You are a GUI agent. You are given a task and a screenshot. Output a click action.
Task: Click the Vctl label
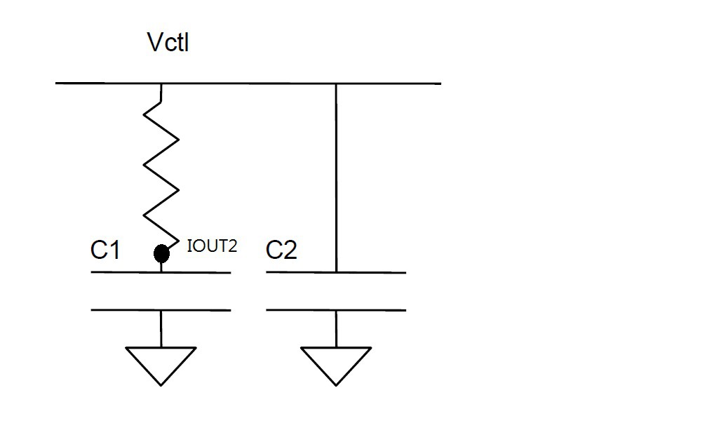[x=168, y=43]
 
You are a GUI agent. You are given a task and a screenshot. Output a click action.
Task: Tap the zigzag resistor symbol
[x=162, y=165]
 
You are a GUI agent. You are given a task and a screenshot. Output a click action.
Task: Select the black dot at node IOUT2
[x=161, y=253]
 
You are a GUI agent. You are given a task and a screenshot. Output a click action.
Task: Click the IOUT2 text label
[x=212, y=246]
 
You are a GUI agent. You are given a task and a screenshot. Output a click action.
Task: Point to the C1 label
[x=105, y=250]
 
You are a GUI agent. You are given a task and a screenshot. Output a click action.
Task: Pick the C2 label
[x=281, y=250]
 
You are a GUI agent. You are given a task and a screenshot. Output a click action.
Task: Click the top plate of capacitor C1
[x=161, y=272]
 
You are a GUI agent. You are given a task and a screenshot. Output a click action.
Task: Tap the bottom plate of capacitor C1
[x=161, y=309]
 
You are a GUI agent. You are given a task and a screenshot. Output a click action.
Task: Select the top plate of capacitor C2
[x=336, y=272]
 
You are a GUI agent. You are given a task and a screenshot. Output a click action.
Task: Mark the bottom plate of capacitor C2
[x=336, y=309]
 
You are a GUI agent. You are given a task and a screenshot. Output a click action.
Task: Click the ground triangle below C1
[x=161, y=363]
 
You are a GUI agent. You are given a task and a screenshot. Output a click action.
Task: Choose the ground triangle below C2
[x=336, y=363]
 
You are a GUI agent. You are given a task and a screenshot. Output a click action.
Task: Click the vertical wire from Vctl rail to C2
[x=336, y=175]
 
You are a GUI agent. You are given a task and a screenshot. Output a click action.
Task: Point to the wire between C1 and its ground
[x=161, y=328]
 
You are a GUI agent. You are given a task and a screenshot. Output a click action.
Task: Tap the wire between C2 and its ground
[x=336, y=328]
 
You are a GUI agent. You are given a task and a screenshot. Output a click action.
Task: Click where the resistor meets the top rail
[x=162, y=83]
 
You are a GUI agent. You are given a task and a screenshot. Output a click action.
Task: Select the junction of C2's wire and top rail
[x=336, y=83]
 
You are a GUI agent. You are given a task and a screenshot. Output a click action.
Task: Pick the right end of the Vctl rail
[x=440, y=83]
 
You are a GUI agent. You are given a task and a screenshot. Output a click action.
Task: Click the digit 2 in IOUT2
[x=232, y=246]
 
